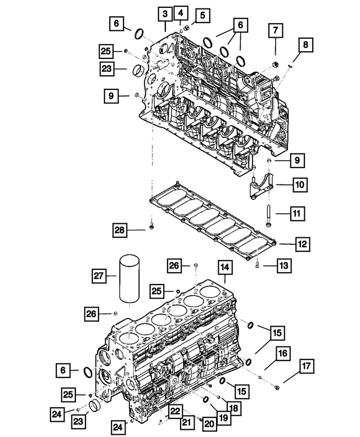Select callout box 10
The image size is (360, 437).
298,183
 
